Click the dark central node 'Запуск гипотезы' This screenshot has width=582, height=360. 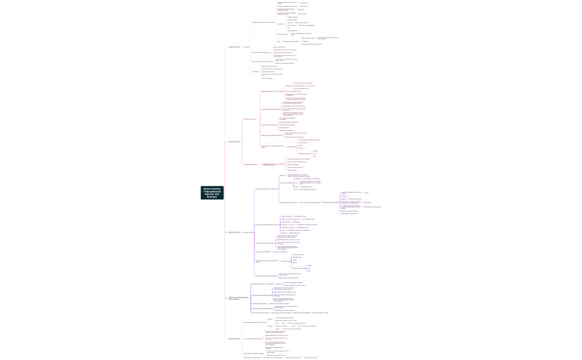tap(212, 193)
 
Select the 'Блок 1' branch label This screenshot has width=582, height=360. tap(234, 47)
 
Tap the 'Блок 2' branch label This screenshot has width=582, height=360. tap(234, 142)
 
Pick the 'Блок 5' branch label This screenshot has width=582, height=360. tap(234, 338)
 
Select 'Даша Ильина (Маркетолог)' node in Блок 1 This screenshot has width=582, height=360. tap(263, 22)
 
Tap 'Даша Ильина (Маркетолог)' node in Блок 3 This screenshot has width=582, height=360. tap(265, 189)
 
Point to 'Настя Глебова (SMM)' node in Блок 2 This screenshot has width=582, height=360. tap(271, 110)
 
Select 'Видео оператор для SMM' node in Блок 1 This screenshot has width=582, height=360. tap(263, 61)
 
